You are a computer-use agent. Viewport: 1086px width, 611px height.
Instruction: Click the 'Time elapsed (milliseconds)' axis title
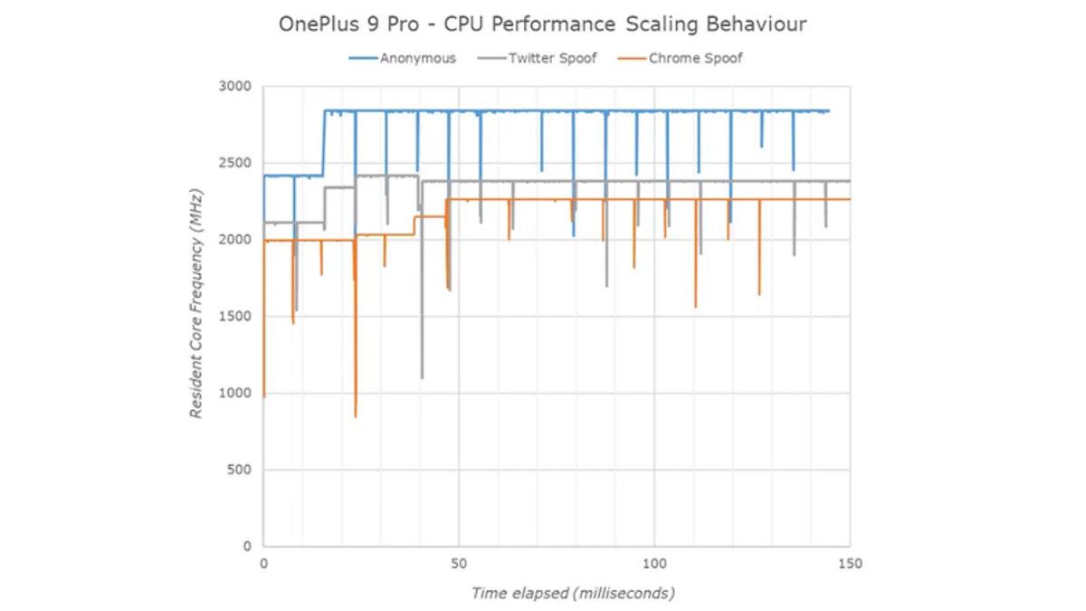573,594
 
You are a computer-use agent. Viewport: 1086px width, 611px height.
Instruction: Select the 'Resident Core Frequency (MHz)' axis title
196,303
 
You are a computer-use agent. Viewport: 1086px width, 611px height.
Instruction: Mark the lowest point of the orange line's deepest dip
356,416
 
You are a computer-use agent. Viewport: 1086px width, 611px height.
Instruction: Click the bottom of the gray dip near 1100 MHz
422,377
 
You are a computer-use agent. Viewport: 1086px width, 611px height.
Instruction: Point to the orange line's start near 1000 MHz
264,396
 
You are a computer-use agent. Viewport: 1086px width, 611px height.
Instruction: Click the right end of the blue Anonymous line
828,111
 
